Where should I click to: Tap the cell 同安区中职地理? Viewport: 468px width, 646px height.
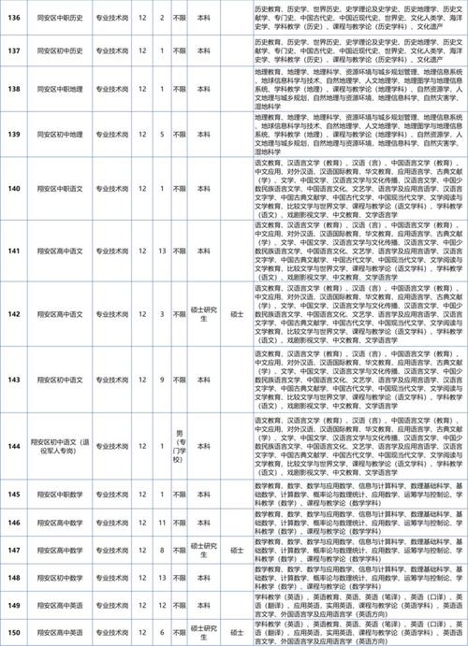tap(61, 89)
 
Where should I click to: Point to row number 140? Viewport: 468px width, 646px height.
tap(14, 189)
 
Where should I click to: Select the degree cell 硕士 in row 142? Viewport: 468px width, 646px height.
tap(235, 315)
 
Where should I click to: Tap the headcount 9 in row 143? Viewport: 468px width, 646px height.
tap(163, 379)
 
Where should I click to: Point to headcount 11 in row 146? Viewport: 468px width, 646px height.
tap(163, 521)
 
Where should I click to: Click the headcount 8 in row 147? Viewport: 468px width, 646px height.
tap(163, 553)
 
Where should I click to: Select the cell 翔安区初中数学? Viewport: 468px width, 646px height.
tap(61, 580)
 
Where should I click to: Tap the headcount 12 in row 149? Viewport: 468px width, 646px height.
tap(163, 606)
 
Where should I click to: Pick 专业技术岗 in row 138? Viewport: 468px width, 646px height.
tap(109, 89)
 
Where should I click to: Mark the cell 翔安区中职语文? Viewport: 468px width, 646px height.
tap(61, 189)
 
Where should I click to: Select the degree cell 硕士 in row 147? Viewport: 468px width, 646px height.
tap(235, 553)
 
